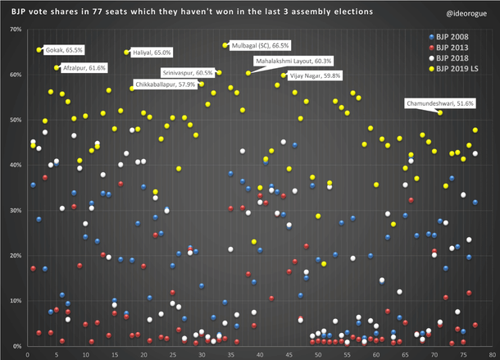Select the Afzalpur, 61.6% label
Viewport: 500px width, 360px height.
click(84, 67)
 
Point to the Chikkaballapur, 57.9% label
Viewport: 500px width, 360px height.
click(167, 84)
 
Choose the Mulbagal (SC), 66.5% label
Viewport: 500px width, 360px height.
click(261, 45)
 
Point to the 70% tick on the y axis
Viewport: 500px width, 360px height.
click(15, 30)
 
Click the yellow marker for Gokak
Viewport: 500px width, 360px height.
click(39, 50)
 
